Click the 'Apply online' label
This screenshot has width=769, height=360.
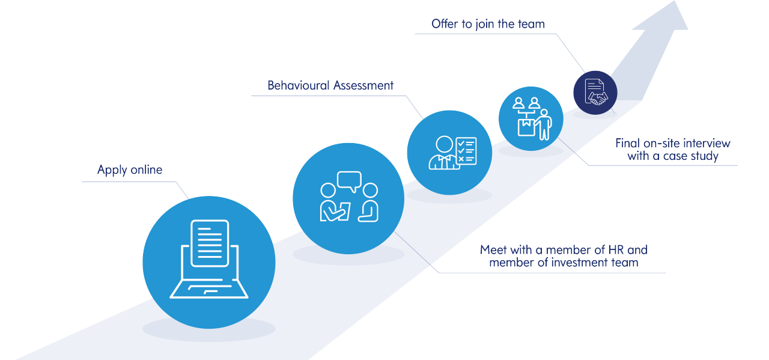coord(130,170)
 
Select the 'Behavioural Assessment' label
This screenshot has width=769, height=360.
coord(330,85)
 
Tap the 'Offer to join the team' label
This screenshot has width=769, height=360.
coord(488,24)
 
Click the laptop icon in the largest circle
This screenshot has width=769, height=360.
coord(209,270)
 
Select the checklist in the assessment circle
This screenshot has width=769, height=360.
coord(466,151)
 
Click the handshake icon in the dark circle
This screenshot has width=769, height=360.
coord(598,97)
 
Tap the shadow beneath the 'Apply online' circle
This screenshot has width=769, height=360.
coord(208,329)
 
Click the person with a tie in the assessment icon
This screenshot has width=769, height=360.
coord(443,154)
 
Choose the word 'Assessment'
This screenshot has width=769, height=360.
coord(363,85)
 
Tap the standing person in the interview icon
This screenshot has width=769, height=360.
coord(544,124)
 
